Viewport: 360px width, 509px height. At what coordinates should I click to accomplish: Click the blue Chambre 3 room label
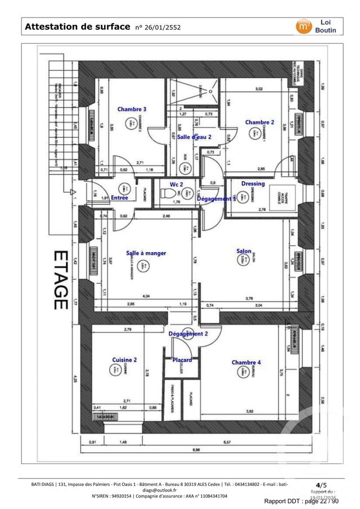[x=132, y=109]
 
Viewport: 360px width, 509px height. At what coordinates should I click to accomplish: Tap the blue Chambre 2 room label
[x=259, y=122]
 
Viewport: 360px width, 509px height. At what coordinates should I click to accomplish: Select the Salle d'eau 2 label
[x=194, y=137]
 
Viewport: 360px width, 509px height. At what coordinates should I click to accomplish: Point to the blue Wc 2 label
[x=177, y=184]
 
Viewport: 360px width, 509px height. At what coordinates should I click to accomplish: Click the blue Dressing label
[x=253, y=184]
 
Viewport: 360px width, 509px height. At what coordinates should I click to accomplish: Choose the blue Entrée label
[x=119, y=197]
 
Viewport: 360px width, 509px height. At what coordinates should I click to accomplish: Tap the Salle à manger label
[x=146, y=253]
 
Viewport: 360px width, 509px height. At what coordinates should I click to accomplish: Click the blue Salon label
[x=244, y=251]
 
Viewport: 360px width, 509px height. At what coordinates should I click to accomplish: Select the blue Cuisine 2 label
[x=124, y=360]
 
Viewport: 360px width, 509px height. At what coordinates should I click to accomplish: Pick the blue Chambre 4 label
[x=246, y=363]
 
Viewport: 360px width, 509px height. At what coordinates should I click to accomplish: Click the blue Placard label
[x=182, y=360]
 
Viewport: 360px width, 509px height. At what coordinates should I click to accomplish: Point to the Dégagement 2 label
[x=188, y=334]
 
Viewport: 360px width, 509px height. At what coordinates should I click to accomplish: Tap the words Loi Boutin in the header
[x=326, y=26]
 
